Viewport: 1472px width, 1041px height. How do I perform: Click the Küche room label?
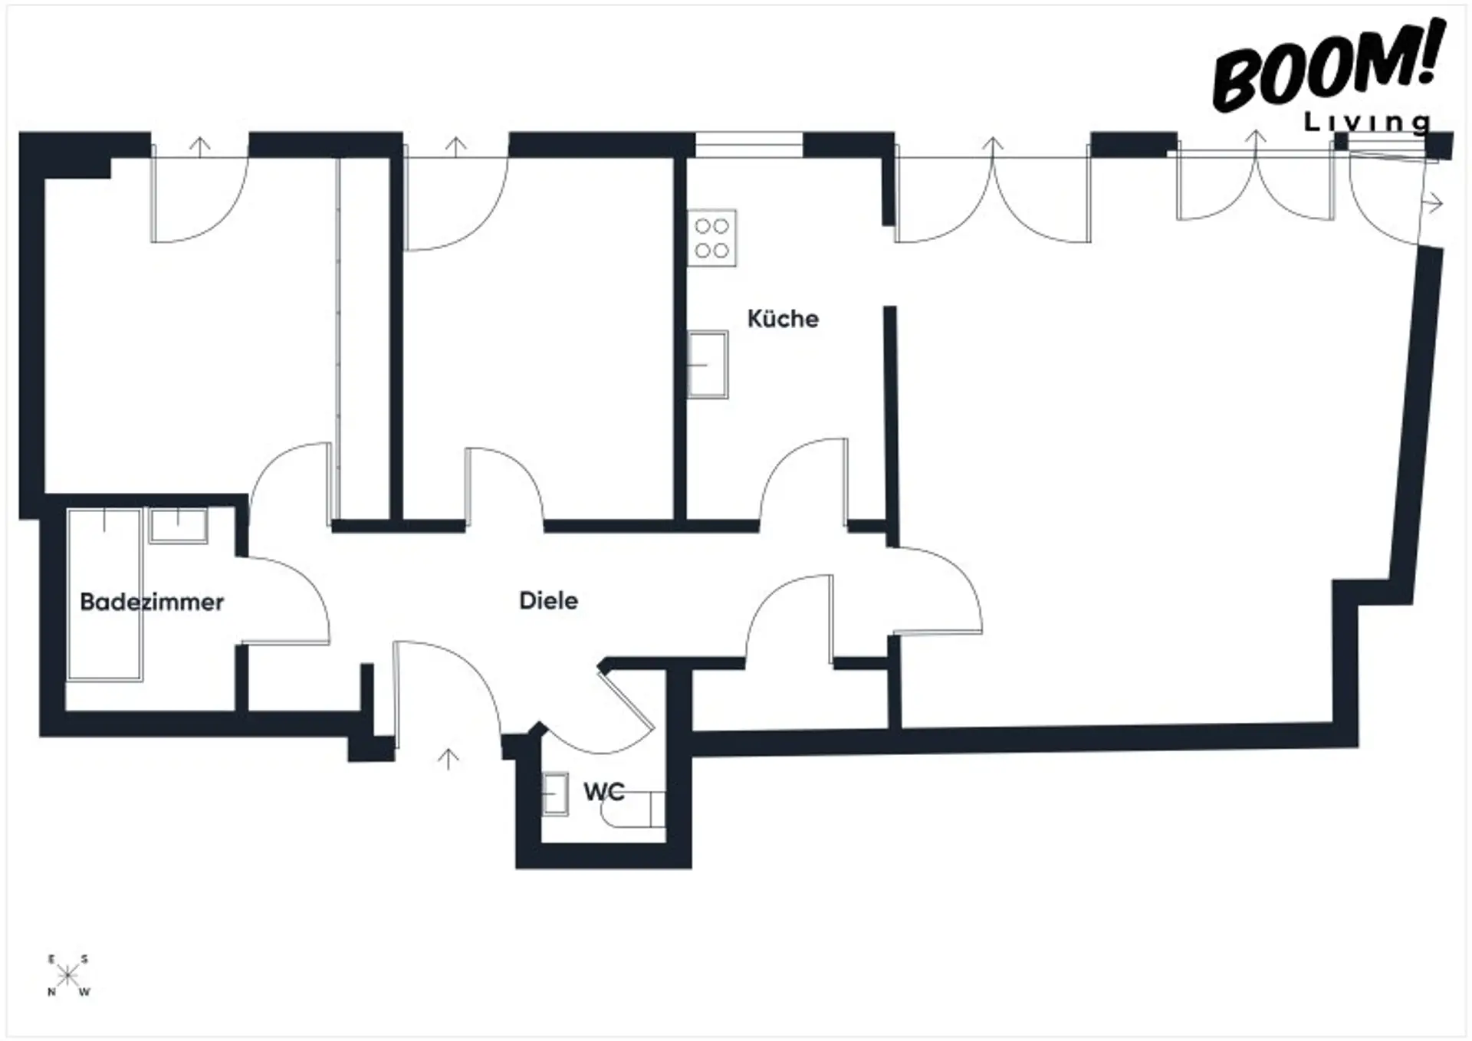tap(783, 319)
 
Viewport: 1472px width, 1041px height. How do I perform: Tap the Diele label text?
tap(548, 600)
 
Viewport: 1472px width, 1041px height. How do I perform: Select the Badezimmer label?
tap(152, 602)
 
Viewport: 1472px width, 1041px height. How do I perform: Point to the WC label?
tap(604, 791)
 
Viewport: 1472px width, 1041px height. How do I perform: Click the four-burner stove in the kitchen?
tap(711, 238)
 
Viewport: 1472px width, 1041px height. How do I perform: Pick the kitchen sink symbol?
tap(707, 364)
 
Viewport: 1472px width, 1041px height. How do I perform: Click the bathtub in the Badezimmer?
tap(104, 594)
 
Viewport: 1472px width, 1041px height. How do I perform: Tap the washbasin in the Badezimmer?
tap(178, 526)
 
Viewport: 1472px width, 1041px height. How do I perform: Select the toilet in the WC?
tap(633, 809)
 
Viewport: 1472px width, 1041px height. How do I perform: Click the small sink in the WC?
tap(554, 794)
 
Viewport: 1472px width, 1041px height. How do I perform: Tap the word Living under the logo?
tap(1368, 122)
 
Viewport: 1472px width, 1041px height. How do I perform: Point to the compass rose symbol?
tap(67, 976)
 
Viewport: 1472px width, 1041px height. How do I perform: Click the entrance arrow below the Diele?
tap(448, 758)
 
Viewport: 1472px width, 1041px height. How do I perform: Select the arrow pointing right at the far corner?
tap(1432, 204)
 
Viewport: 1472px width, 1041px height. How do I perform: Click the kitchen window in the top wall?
tap(749, 145)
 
